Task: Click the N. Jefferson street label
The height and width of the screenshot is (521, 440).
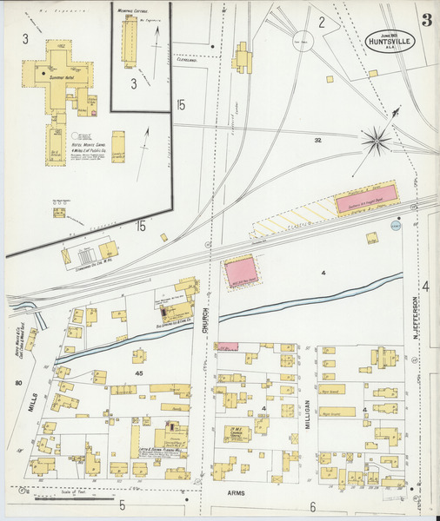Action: coord(416,319)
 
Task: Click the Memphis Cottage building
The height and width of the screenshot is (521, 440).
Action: coord(130,42)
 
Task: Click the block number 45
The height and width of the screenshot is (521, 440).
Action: coord(138,373)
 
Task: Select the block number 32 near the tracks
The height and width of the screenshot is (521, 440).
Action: coord(318,140)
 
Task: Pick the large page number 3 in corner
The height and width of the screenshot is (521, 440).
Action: coord(426,19)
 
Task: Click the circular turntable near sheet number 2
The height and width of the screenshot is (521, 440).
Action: coord(303,40)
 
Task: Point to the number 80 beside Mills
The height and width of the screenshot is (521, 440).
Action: coord(17,382)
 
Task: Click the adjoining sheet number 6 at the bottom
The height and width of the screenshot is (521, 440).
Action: coord(311,507)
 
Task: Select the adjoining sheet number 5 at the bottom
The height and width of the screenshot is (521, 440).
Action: coord(123,505)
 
